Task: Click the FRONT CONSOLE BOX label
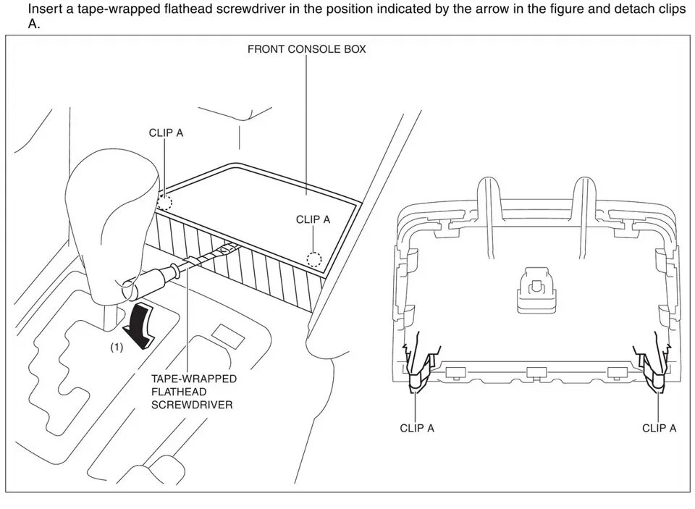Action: click(306, 50)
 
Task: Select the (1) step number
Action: click(117, 348)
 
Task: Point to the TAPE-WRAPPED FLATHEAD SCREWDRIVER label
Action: click(193, 392)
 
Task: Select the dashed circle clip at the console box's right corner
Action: click(313, 258)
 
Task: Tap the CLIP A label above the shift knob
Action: click(166, 133)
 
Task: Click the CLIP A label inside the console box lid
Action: click(313, 219)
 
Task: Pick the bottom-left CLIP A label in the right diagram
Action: click(417, 428)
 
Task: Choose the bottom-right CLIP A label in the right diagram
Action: click(659, 428)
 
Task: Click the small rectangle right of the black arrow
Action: click(228, 334)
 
